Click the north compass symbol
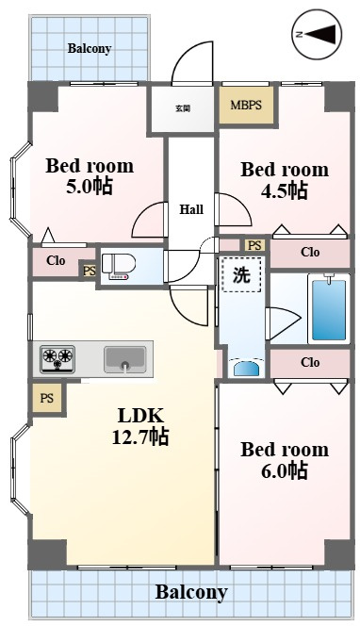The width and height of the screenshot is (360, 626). tap(318, 35)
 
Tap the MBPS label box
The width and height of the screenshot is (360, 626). tap(246, 105)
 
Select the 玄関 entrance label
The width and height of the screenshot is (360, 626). tap(183, 108)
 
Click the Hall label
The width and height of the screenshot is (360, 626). tap(191, 209)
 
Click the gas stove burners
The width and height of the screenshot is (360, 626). tap(57, 358)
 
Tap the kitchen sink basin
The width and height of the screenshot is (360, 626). tap(125, 359)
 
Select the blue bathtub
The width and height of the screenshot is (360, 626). tap(329, 309)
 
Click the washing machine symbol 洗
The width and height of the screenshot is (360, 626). tap(241, 275)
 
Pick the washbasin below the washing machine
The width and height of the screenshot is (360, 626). tap(246, 368)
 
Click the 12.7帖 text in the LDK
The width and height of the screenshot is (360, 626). tap(140, 437)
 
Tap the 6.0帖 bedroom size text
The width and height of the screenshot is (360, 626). tap(285, 470)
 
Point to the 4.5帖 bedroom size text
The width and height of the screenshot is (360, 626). tap(285, 190)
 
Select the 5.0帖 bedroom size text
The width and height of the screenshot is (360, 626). tap(90, 186)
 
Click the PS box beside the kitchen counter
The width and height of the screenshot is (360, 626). tap(47, 398)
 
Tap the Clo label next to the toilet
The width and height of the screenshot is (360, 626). tap(56, 261)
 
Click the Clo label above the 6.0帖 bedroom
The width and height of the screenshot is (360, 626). tap(310, 362)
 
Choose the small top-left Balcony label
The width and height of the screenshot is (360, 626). tap(90, 49)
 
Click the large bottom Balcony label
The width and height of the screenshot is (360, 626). tap(191, 592)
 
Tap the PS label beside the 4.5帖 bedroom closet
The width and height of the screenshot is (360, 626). tap(254, 245)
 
